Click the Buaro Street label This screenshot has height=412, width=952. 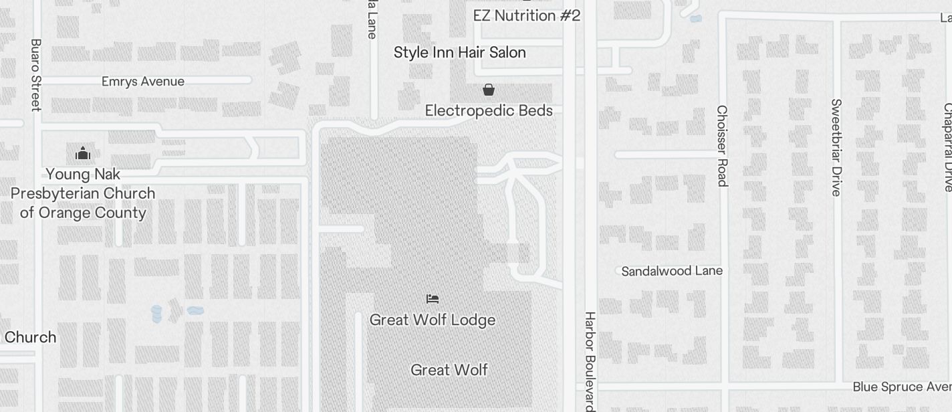tap(36, 74)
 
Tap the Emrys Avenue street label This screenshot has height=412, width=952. tap(143, 82)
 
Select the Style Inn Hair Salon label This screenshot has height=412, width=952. tap(459, 52)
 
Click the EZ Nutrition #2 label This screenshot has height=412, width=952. tap(526, 15)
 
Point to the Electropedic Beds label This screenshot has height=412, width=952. tap(489, 110)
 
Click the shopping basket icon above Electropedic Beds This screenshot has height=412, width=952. tap(489, 90)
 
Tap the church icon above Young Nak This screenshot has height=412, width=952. tap(83, 154)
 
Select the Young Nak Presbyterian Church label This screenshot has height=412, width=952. tap(83, 193)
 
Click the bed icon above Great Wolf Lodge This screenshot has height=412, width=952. tap(433, 298)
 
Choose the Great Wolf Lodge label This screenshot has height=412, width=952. tap(433, 320)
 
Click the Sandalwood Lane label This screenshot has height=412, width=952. tap(672, 271)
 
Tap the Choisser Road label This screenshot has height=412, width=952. tap(721, 146)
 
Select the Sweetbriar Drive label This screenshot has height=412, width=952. tap(836, 147)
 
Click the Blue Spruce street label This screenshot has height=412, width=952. tap(901, 387)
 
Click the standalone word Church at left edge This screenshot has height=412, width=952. tap(30, 337)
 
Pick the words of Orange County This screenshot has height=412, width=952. tap(83, 213)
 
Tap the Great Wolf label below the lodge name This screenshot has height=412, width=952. tap(449, 370)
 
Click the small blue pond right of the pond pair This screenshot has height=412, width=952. tap(195, 310)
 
